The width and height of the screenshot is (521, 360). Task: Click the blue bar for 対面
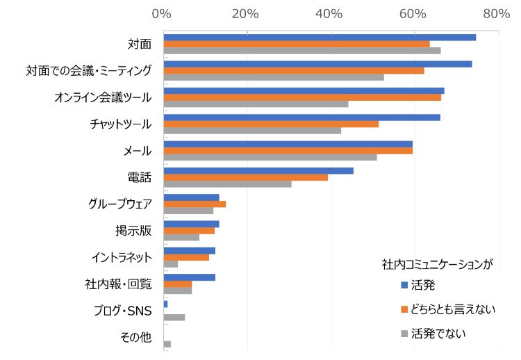pos(320,37)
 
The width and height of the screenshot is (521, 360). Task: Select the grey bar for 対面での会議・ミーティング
pos(274,77)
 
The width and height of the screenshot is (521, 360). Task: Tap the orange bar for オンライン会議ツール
pos(302,97)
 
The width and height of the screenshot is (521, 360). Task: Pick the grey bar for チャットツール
pos(252,131)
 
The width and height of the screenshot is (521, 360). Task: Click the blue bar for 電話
pos(258,170)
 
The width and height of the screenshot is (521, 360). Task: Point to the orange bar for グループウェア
pos(195,204)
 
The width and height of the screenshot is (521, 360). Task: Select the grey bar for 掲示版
pos(181,237)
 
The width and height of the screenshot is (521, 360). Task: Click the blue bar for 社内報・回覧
pos(189,277)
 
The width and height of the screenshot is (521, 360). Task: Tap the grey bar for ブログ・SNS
pos(174,318)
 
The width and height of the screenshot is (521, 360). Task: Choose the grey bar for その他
pos(167,344)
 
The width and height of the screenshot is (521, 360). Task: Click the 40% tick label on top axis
pos(329,13)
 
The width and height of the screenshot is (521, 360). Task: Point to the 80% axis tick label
pos(496,13)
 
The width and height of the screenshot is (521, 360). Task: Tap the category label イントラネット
pos(121,257)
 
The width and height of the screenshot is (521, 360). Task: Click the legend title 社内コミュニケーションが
pos(437,264)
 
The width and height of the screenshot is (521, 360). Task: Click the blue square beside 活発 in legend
pos(403,285)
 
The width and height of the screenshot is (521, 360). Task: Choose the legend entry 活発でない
pos(438,333)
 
